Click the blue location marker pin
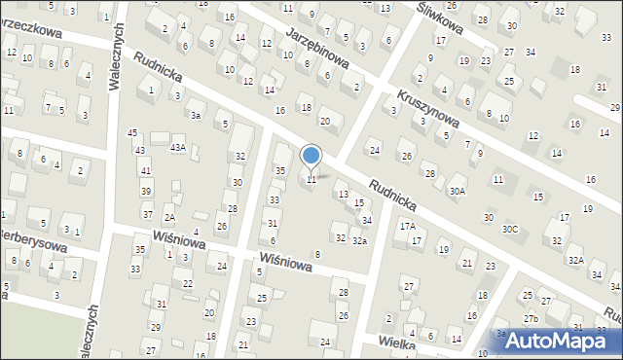[x=311, y=156]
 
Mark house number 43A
[x=177, y=148]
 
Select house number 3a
[x=196, y=116]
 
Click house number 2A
[x=169, y=218]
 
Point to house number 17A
[x=407, y=226]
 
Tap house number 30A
[x=458, y=192]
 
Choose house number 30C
[x=510, y=229]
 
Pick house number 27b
[x=530, y=319]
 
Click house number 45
[x=132, y=132]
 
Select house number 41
[x=145, y=171]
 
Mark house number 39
[x=145, y=192]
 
